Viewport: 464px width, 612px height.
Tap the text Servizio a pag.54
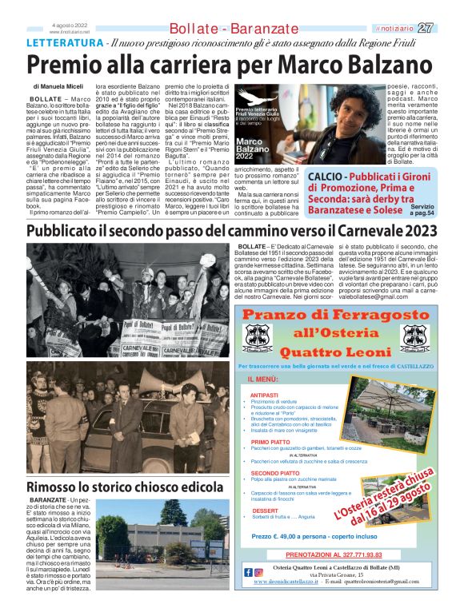tap(422, 210)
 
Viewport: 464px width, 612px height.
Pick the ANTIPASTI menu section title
tap(265, 395)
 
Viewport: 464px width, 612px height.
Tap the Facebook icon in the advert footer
tap(247, 571)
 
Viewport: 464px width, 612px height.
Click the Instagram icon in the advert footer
tap(258, 571)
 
